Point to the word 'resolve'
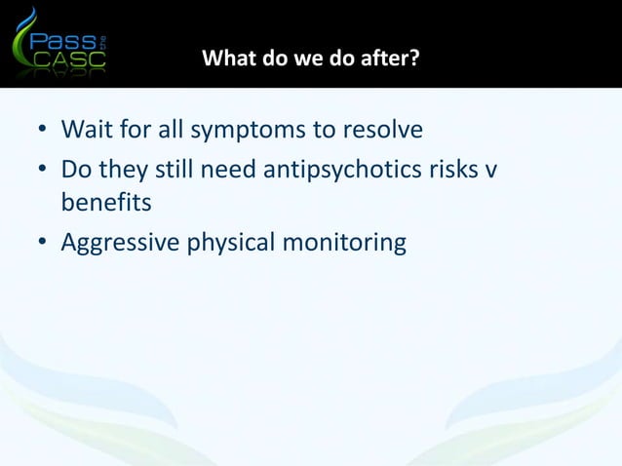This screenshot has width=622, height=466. point(380,130)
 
